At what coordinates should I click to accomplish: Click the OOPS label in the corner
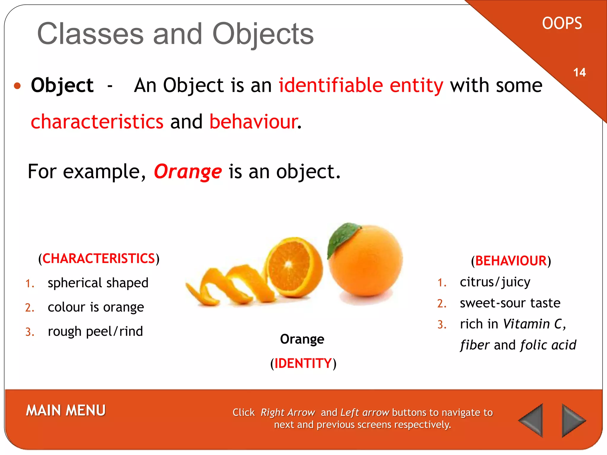[562, 23]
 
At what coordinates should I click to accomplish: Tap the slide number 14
[579, 73]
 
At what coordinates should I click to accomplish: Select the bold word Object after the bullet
[62, 86]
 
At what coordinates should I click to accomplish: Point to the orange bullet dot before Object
[17, 86]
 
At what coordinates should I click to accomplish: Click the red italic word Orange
[188, 172]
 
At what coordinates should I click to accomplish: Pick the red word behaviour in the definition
[254, 122]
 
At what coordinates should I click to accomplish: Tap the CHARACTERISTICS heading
[99, 259]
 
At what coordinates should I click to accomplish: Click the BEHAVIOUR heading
[511, 261]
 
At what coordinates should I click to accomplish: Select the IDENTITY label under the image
[303, 363]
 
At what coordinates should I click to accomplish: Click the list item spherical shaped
[98, 283]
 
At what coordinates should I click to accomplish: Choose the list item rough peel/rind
[95, 331]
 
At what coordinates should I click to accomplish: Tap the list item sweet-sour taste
[510, 303]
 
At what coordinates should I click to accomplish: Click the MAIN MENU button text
[66, 411]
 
